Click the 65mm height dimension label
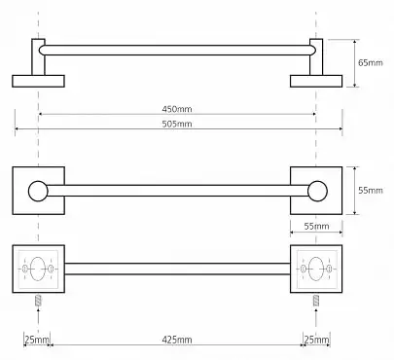(371, 62)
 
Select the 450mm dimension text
(177, 109)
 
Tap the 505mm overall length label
(177, 124)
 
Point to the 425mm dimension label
(177, 340)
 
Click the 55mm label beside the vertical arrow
(371, 190)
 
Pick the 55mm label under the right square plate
(316, 226)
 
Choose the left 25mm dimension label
(37, 340)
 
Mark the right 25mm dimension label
(316, 340)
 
